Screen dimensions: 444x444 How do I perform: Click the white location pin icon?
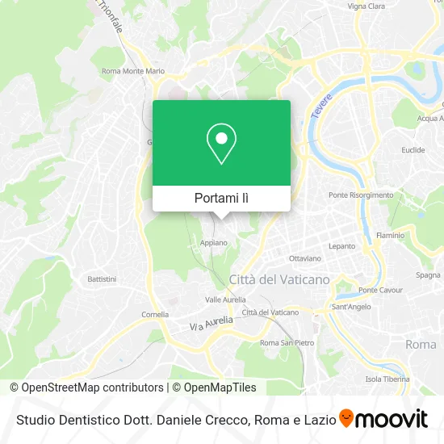(221, 144)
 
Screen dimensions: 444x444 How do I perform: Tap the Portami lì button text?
(221, 199)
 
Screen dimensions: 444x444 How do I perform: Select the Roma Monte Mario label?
(133, 71)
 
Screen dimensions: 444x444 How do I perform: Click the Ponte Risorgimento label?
(361, 195)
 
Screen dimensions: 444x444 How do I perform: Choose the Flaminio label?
(390, 236)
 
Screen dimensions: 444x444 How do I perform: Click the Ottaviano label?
(304, 258)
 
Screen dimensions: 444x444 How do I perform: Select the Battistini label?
(103, 279)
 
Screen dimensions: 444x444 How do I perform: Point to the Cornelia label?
(155, 314)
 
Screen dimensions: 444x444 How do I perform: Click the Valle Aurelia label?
(225, 299)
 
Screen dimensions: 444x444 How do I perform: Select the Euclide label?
(413, 150)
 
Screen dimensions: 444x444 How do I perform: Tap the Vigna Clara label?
(366, 6)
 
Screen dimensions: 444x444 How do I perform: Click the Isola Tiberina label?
(384, 379)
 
